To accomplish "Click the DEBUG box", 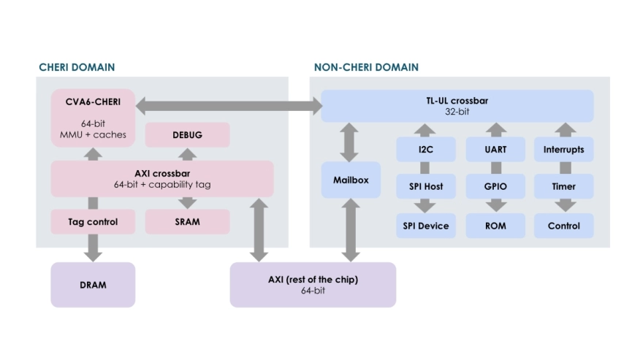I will point(187,135).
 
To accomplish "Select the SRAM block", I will point(187,221).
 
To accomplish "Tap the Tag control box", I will point(93,221).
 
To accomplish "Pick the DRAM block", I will point(93,285).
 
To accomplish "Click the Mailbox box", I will point(351,180).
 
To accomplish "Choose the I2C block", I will point(426,150).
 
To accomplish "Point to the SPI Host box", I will point(426,187).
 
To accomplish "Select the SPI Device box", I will point(426,226).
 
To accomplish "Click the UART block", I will point(495,150).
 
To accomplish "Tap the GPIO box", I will point(495,187).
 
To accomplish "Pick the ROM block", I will point(495,226).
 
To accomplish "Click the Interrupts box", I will point(563,150).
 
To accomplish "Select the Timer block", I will point(563,187).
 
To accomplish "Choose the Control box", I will point(563,226).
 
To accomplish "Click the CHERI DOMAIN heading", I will point(77,67).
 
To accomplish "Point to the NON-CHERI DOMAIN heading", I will point(366,67).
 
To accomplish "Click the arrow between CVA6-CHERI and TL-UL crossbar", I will point(229,106).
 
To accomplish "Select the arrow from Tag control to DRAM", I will point(93,248).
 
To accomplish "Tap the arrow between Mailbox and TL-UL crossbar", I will point(351,142).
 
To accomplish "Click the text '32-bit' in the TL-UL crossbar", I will point(457,113).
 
